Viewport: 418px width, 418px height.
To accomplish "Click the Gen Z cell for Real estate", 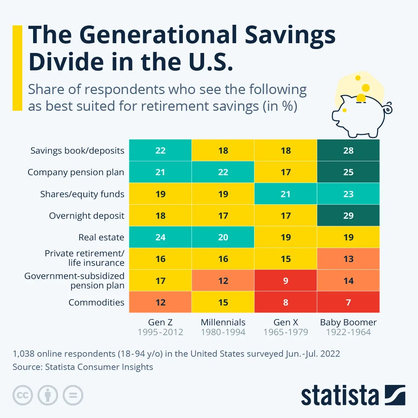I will coord(160,237).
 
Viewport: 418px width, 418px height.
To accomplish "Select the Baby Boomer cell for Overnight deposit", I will coord(348,216).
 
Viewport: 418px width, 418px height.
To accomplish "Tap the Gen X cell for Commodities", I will coord(286,302).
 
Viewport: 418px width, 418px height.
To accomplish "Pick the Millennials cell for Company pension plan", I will coord(223,172).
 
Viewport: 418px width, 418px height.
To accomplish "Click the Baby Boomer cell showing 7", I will coord(348,302).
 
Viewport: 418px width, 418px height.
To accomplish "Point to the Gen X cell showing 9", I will coord(286,281).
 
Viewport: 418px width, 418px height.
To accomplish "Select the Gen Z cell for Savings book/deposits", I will coord(160,150).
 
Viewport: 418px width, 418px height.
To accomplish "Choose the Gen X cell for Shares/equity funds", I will coord(286,194).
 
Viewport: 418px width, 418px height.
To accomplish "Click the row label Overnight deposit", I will coord(86,216).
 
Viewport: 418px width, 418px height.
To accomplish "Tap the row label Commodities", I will coord(96,302).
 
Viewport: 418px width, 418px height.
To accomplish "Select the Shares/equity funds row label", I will coord(82,194).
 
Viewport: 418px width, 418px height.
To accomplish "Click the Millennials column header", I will coord(223,322).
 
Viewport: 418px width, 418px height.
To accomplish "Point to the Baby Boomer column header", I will coord(348,322).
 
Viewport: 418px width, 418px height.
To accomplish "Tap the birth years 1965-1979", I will coord(286,332).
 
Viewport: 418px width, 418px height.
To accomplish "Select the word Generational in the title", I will coord(158,36).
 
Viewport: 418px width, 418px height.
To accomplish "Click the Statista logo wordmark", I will coord(340,396).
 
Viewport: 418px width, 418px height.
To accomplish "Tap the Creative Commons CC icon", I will coord(23,395).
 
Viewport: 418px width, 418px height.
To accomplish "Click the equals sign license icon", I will coord(73,395).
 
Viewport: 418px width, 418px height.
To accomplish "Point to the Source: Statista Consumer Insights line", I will coord(83,367).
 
